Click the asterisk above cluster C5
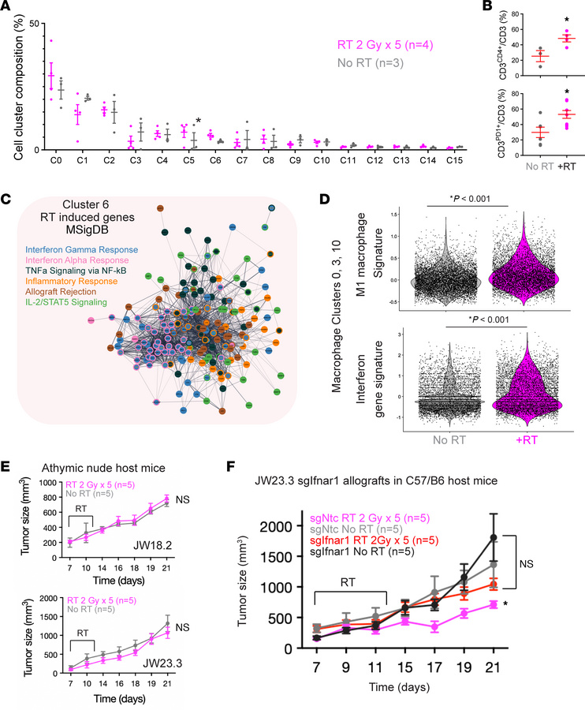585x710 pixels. tap(198, 121)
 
